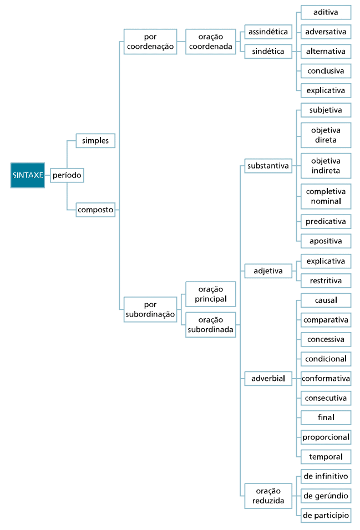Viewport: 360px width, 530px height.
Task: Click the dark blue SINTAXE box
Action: (27, 175)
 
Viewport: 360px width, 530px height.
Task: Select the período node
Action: (67, 175)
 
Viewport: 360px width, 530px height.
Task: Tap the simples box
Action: (95, 141)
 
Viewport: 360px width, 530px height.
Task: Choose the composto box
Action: (95, 210)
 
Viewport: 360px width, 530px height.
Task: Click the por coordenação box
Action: (150, 42)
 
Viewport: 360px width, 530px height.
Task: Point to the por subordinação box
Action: (150, 309)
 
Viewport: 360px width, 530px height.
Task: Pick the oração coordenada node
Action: (210, 42)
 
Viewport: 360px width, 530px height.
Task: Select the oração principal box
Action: (210, 294)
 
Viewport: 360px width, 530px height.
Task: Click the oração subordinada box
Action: (210, 325)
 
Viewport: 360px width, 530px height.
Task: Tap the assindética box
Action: (268, 32)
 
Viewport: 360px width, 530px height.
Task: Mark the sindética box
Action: (268, 52)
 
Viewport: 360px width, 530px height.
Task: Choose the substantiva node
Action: (268, 166)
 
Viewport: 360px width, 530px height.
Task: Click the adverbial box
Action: (268, 378)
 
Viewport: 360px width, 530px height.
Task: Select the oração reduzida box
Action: (268, 496)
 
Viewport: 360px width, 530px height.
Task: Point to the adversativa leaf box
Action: (326, 32)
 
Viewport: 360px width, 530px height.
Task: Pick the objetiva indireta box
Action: (326, 166)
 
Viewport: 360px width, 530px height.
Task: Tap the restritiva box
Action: (326, 281)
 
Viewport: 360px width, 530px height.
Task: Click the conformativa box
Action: (326, 378)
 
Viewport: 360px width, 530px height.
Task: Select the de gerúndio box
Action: (326, 496)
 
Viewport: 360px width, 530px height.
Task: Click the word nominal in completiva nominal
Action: (326, 201)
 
